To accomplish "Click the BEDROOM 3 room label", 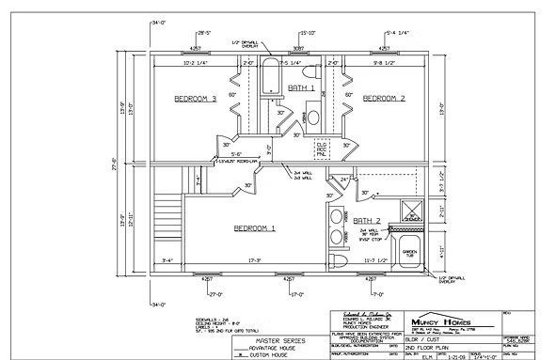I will [x=196, y=98].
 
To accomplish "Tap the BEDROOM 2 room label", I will [x=384, y=98].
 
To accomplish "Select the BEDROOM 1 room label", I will [x=255, y=227].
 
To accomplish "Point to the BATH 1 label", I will [x=303, y=86].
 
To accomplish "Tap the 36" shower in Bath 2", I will [x=409, y=211].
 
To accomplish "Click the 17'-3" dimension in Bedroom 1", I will [x=253, y=259].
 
